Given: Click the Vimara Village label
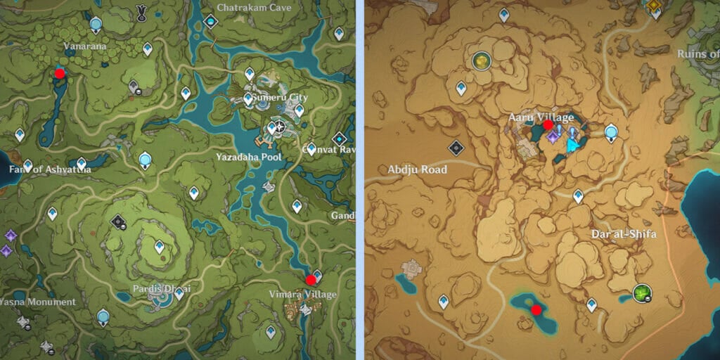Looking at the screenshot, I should pyautogui.click(x=303, y=295).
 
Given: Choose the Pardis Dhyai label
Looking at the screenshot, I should pyautogui.click(x=162, y=289).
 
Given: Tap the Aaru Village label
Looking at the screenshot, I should pyautogui.click(x=541, y=117).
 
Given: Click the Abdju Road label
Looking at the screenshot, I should pyautogui.click(x=418, y=169).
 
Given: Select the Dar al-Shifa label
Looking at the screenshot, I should pyautogui.click(x=624, y=234).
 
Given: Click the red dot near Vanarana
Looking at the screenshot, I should pyautogui.click(x=60, y=72).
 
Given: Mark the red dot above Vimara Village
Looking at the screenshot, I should pyautogui.click(x=311, y=280).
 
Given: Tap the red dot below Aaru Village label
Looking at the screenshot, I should pyautogui.click(x=548, y=125).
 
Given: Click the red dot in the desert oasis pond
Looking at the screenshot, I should pyautogui.click(x=536, y=309).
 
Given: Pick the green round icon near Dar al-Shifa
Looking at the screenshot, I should pyautogui.click(x=641, y=292).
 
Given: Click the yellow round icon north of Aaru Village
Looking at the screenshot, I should pyautogui.click(x=481, y=61).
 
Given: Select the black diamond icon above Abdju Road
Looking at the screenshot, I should pyautogui.click(x=456, y=148).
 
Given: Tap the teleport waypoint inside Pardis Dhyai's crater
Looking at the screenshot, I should pyautogui.click(x=159, y=246).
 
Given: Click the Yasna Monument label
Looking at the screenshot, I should pyautogui.click(x=37, y=302).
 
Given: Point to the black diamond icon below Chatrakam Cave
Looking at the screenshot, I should pyautogui.click(x=210, y=22).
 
